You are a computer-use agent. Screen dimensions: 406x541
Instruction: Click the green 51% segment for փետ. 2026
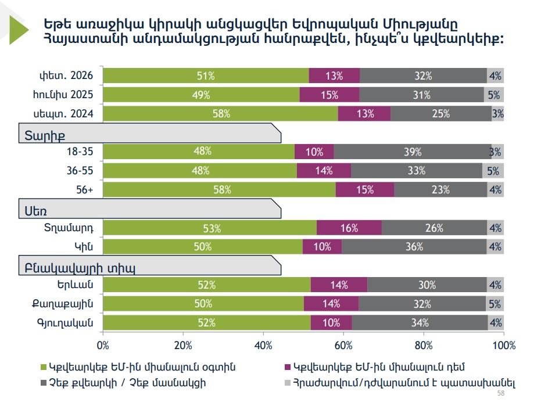click(206, 76)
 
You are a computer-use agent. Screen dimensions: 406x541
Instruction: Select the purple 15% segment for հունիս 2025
click(329, 95)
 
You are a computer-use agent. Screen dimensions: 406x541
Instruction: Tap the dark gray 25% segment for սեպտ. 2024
click(440, 114)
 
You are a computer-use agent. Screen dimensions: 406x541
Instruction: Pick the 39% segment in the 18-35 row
click(413, 152)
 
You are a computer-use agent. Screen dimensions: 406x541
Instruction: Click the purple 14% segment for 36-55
click(324, 171)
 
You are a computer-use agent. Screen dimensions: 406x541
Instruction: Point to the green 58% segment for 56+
click(219, 190)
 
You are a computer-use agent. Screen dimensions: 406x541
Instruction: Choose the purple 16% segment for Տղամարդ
click(349, 228)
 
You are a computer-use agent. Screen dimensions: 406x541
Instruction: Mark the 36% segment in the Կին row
click(414, 247)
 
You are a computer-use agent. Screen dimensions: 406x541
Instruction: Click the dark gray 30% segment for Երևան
click(427, 285)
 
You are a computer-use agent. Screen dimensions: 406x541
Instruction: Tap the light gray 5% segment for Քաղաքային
click(495, 304)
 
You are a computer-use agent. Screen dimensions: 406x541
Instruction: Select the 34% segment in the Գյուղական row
click(420, 322)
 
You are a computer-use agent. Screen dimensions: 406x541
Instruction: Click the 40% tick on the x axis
click(263, 346)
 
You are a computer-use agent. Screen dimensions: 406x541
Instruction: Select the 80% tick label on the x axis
click(424, 346)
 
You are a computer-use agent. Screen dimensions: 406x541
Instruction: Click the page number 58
click(501, 394)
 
